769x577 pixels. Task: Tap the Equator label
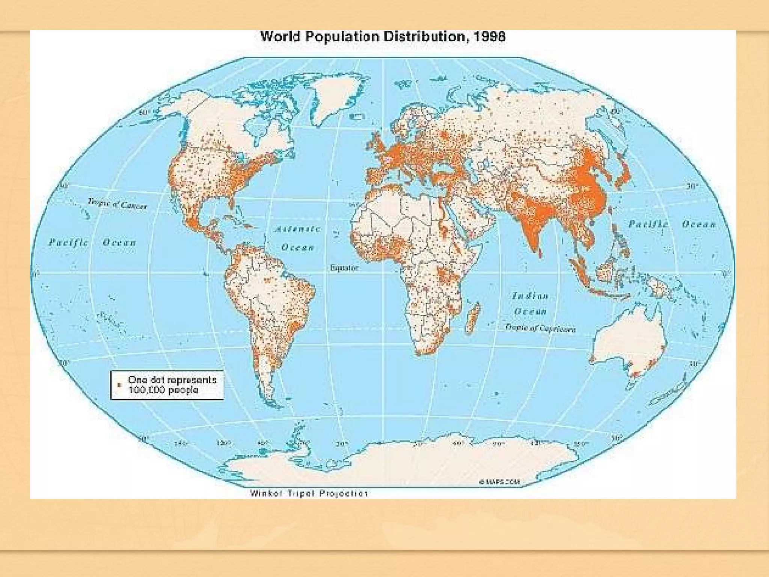pos(344,268)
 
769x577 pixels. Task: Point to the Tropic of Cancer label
pos(117,204)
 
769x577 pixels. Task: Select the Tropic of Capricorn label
pos(540,328)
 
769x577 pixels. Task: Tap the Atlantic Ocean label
pos(298,238)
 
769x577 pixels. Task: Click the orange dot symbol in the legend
pos(119,385)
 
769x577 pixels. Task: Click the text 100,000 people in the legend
pos(163,390)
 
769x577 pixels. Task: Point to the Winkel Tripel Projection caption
pos(309,493)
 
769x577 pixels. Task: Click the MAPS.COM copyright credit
pos(499,482)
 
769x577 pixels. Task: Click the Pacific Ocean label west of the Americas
pos(92,242)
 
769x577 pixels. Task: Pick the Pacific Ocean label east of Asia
pos(672,225)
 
